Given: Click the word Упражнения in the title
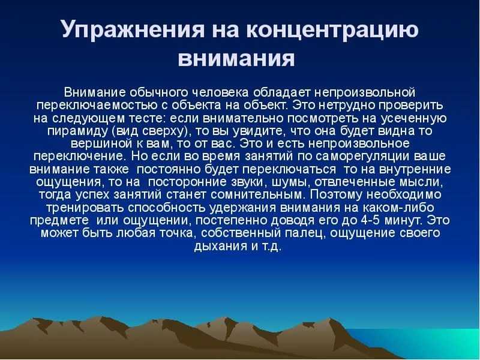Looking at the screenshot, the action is tap(133, 29).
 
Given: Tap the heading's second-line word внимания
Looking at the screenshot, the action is tap(236, 58).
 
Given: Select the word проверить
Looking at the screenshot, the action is tap(411, 106).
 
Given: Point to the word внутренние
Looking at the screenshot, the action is tap(415, 169).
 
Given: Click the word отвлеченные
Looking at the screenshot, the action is tap(355, 182).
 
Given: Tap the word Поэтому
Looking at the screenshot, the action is tap(337, 195).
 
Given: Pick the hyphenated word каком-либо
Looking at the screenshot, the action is tap(398, 208).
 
